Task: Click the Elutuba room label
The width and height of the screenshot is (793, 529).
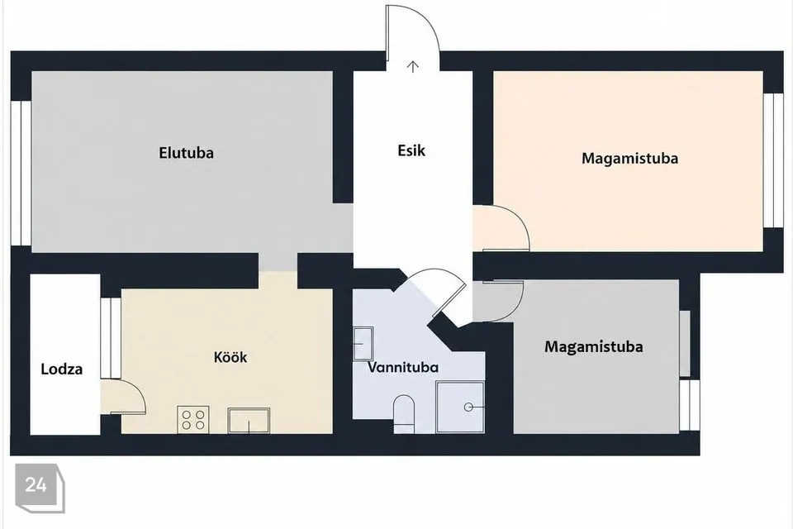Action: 186,153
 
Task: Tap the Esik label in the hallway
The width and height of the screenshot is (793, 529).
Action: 411,150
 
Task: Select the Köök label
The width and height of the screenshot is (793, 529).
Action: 230,357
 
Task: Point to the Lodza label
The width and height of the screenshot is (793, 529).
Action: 62,369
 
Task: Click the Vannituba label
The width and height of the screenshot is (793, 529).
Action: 402,367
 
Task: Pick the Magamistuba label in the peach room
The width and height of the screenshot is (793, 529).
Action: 629,159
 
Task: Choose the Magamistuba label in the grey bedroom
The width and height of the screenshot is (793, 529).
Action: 594,347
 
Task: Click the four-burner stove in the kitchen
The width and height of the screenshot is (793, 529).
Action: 193,420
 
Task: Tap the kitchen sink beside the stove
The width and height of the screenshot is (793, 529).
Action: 249,421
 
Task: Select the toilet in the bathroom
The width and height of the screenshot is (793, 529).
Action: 404,414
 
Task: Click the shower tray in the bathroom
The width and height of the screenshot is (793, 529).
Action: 460,407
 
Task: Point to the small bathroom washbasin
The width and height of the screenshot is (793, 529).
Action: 363,344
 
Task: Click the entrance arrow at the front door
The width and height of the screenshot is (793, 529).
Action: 413,66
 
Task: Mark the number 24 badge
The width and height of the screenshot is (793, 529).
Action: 40,488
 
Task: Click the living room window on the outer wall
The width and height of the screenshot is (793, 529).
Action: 21,173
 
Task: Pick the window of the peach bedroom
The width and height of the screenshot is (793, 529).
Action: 773,161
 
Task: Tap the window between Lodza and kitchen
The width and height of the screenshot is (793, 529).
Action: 110,337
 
